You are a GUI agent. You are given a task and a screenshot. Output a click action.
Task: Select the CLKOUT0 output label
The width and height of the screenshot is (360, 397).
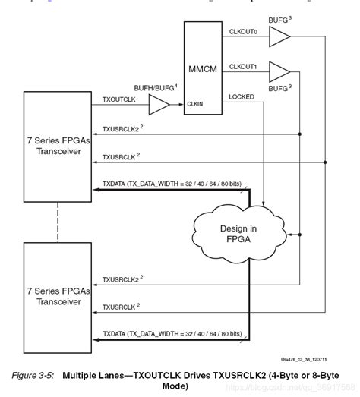point(245,33)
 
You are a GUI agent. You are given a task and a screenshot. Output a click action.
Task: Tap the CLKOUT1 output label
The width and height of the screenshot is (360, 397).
point(245,67)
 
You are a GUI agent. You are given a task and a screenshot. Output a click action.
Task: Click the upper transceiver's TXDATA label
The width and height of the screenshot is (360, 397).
point(172,184)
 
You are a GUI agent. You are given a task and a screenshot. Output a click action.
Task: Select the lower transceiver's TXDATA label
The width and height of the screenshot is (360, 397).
point(172,333)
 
